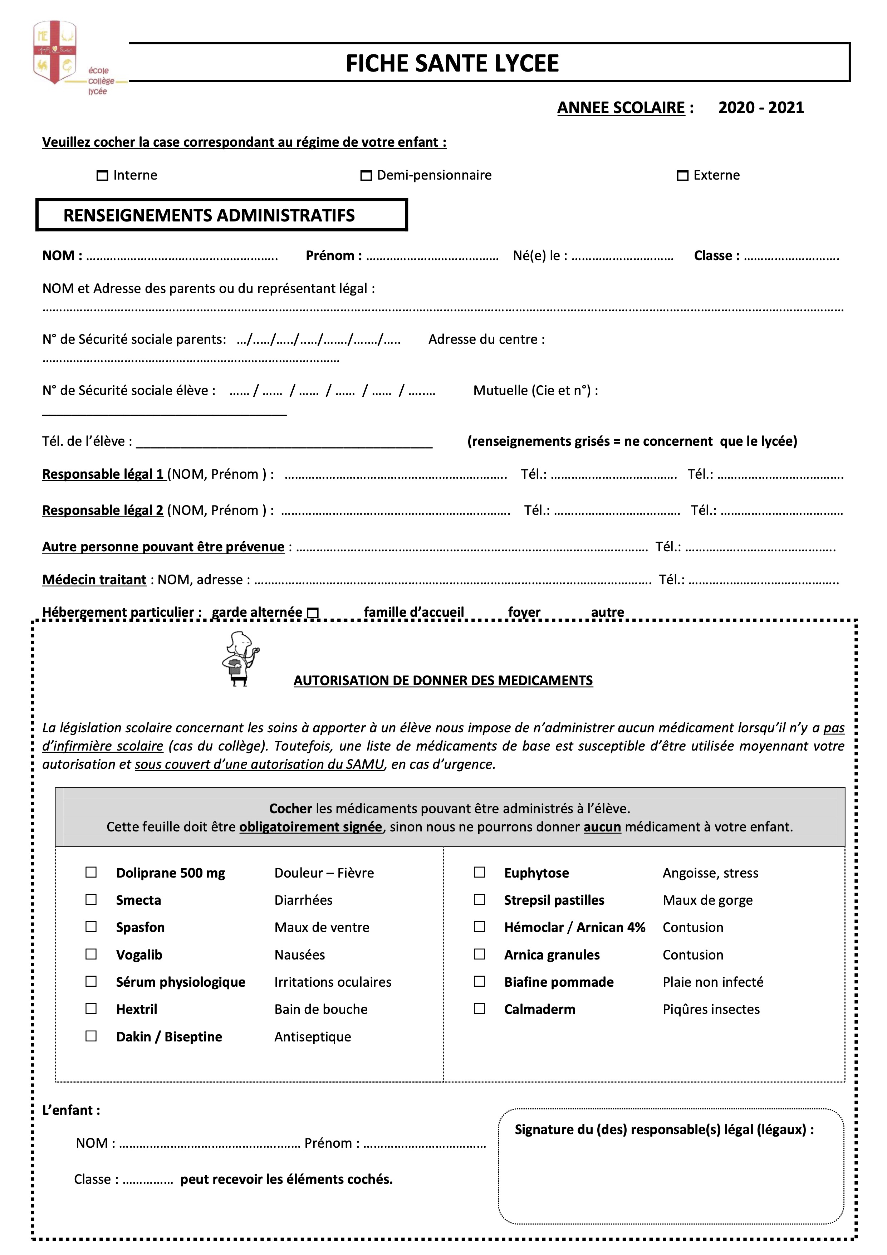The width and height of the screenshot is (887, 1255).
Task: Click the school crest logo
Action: click(x=55, y=53)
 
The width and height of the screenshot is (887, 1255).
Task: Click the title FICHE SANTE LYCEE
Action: click(x=452, y=63)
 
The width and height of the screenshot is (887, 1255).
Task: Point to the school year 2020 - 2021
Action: click(x=761, y=108)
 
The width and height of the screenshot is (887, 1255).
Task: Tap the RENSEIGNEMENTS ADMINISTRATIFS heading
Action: click(x=209, y=215)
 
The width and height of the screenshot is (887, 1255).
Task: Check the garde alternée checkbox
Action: click(x=313, y=613)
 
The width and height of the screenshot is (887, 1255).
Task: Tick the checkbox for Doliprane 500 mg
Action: click(x=91, y=872)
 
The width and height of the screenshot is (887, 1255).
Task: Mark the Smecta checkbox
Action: click(x=91, y=900)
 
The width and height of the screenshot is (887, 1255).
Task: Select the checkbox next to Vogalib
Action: click(x=91, y=954)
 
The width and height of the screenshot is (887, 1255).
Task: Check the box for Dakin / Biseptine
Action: click(x=91, y=1036)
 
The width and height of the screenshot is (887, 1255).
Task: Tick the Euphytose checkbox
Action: click(x=479, y=872)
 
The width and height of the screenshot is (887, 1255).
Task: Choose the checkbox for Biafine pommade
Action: click(x=479, y=982)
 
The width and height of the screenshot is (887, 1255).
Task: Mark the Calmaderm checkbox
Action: click(x=479, y=1009)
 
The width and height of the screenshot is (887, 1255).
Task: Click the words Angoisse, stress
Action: click(x=710, y=873)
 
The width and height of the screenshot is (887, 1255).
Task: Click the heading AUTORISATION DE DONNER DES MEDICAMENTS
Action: click(x=443, y=680)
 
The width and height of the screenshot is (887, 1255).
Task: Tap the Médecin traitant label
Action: click(x=94, y=580)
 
